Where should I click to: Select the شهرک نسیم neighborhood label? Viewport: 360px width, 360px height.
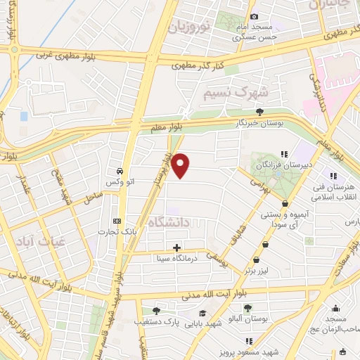(x=235, y=92)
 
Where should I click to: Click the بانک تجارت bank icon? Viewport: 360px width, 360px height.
(x=117, y=221)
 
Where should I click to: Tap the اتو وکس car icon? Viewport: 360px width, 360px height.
(x=120, y=172)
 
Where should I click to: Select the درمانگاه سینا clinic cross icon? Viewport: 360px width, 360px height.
(x=176, y=247)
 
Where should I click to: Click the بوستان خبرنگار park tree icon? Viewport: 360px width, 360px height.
(x=259, y=111)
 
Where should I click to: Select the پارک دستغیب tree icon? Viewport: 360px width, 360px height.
(x=155, y=311)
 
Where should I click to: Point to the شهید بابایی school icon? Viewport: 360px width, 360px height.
(x=202, y=314)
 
